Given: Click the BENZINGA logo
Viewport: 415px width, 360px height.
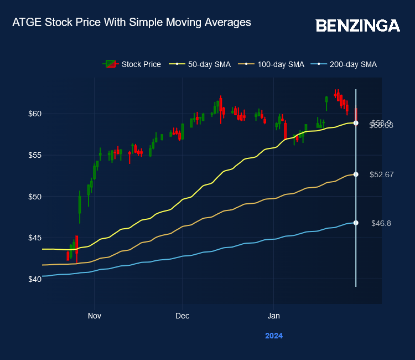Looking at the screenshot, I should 357,25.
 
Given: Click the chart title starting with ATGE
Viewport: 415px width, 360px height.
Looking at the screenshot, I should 132,23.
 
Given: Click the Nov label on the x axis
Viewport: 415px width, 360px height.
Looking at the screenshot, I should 94,316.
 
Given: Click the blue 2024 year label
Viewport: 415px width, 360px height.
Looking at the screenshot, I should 273,336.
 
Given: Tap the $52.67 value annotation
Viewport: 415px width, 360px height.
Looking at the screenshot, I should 381,174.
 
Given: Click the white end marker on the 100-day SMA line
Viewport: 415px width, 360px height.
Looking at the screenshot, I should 356,174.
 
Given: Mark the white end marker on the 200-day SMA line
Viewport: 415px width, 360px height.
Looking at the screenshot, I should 356,223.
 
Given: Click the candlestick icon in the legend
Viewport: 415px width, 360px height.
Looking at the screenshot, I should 111,64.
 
